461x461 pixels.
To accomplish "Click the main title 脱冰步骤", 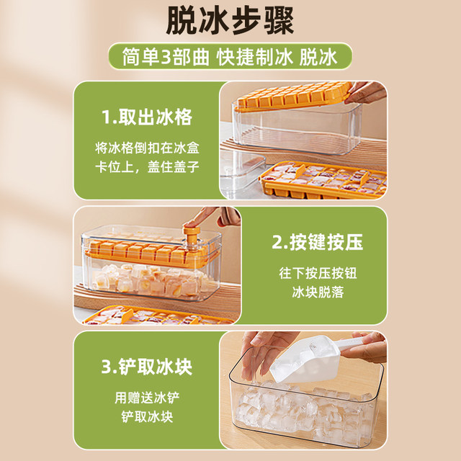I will point(230,22).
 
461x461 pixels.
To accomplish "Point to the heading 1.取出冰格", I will point(146,117).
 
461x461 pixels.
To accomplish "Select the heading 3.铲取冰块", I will point(146,367).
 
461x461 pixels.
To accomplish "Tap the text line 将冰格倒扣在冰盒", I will point(146,147).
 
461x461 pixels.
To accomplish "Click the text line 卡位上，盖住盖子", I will point(146,166).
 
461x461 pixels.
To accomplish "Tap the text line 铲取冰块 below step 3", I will point(146,417).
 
